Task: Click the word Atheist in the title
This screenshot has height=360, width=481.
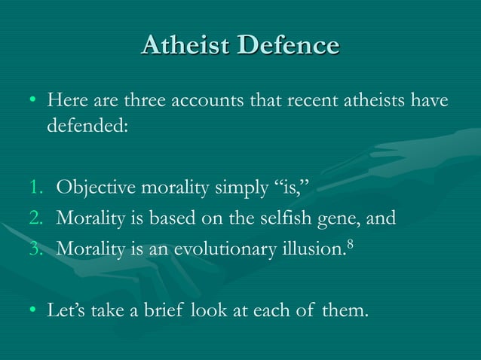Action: tap(185, 45)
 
